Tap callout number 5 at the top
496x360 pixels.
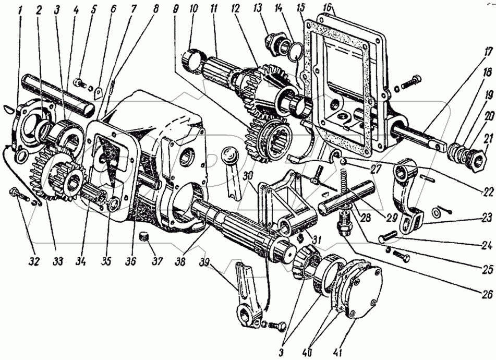click(x=94, y=9)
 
